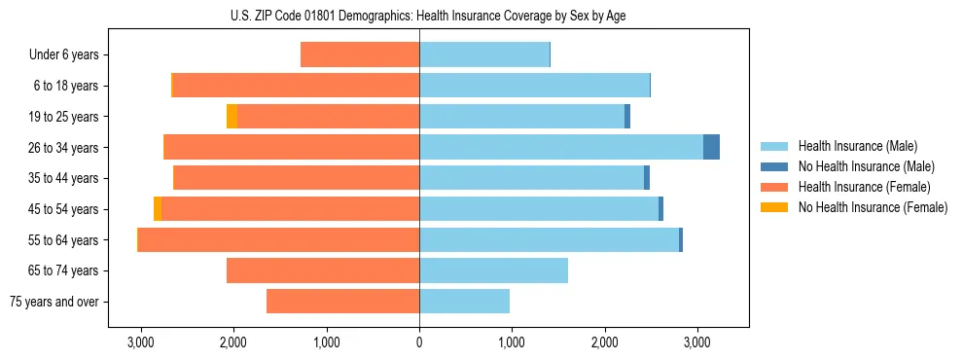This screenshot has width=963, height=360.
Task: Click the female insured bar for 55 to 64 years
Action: pos(279,239)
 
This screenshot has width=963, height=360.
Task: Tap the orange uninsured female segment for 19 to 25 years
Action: pos(232,117)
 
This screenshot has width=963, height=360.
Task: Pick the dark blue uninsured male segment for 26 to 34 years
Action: pos(711,147)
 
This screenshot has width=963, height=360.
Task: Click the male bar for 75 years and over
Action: pos(464,302)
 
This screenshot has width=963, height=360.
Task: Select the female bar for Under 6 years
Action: pos(360,55)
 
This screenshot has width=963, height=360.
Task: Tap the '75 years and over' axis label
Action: pos(54,302)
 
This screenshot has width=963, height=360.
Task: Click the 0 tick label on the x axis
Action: pos(419,342)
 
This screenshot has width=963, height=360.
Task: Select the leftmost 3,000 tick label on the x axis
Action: pos(141,342)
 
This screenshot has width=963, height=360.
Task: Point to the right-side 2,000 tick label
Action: pos(604,342)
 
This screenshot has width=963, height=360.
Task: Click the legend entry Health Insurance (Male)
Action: pos(857,146)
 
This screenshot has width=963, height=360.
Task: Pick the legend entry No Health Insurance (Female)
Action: pos(873,207)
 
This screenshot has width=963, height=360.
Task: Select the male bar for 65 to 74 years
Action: pos(493,270)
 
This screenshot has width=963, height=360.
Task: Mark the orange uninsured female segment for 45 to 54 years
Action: pos(158,209)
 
